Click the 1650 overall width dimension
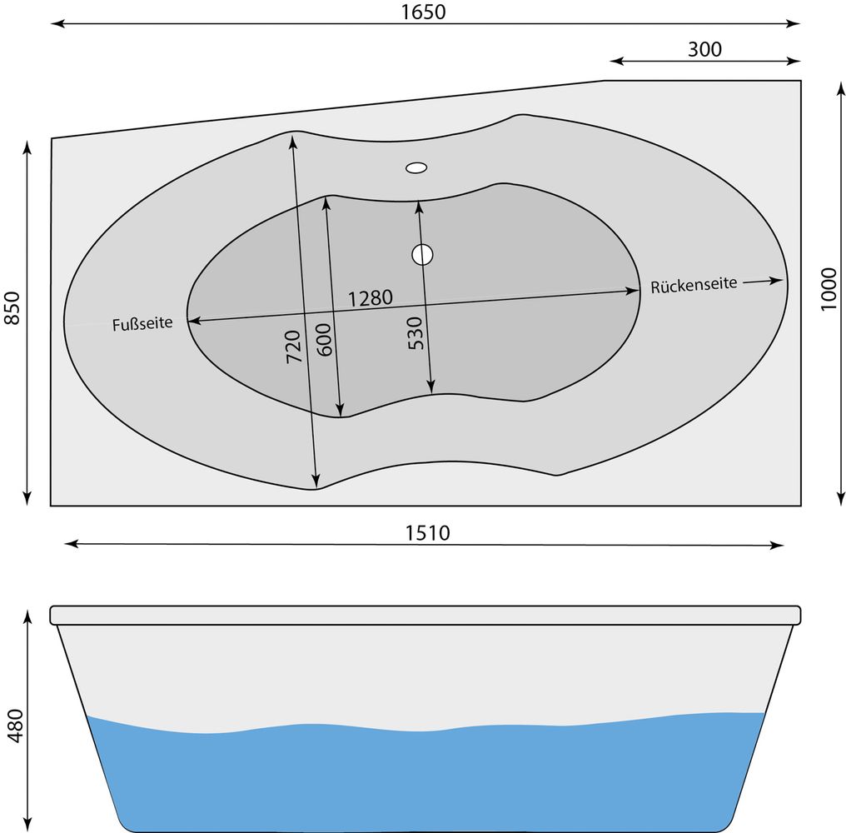(x=424, y=12)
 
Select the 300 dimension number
(x=704, y=49)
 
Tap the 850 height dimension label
(x=12, y=308)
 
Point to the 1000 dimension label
(x=829, y=290)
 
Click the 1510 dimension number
(x=427, y=533)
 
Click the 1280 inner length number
(x=370, y=298)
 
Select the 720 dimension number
(x=292, y=346)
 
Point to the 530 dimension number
(x=415, y=333)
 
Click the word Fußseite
(x=142, y=323)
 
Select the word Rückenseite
(x=694, y=285)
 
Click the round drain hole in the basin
(x=422, y=254)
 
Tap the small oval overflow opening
(x=416, y=167)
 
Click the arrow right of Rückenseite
(x=763, y=281)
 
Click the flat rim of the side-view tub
(x=425, y=616)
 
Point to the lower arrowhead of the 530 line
(x=430, y=387)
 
